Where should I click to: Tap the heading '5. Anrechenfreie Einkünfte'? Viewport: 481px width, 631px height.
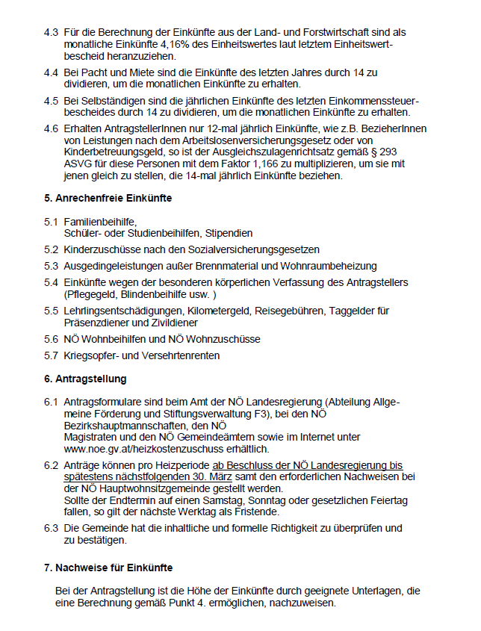tap(108, 199)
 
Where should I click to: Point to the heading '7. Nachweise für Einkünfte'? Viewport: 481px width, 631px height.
tap(108, 568)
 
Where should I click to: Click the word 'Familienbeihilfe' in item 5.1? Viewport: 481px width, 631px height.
tap(99, 222)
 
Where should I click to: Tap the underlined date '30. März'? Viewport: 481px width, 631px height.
tap(196, 476)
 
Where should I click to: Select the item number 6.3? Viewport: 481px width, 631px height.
tap(51, 528)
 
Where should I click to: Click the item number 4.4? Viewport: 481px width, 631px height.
tap(51, 72)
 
